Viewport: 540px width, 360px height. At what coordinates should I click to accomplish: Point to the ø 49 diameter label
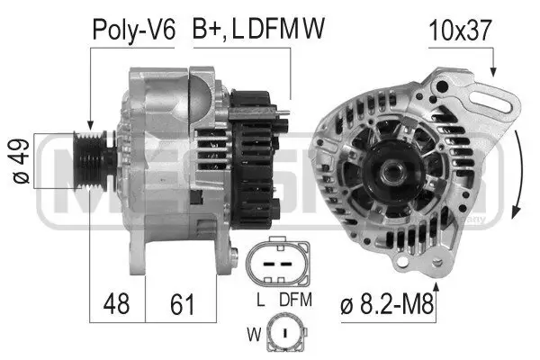tap(16, 161)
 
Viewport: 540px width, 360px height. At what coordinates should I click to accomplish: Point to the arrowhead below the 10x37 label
tap(490, 69)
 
